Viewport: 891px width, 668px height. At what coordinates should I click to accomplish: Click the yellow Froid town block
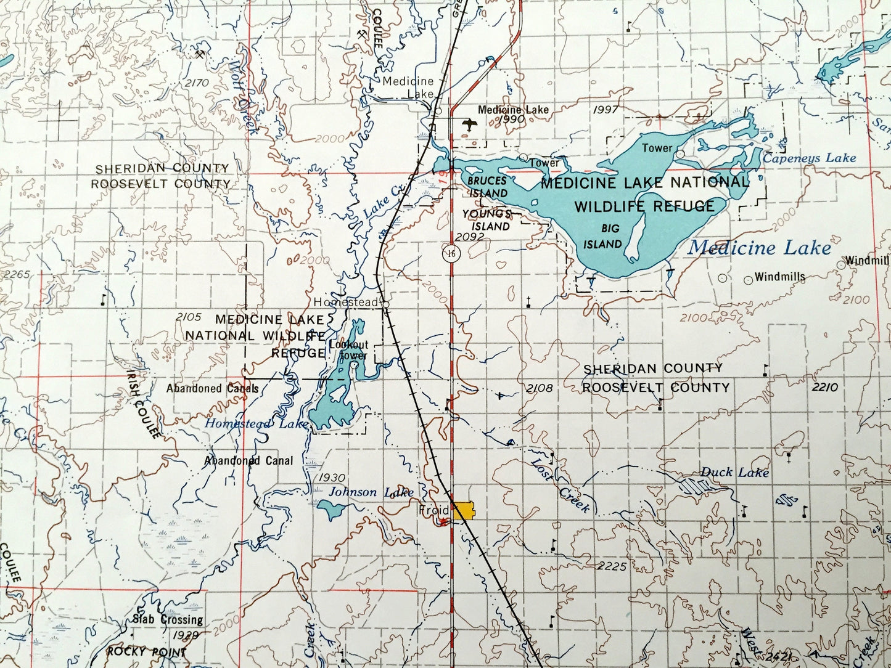464,511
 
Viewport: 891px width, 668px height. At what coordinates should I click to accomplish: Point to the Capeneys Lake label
809,158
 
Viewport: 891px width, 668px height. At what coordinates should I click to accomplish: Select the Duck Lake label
734,473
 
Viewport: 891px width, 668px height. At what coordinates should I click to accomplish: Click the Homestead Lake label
256,424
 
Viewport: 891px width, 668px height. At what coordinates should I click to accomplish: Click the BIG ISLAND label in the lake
603,237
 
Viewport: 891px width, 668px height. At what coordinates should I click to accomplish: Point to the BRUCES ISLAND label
487,187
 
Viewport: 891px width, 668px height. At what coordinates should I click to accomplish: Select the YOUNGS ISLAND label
487,220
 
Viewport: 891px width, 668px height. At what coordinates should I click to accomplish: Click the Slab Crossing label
167,619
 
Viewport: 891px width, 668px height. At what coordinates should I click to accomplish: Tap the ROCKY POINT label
146,651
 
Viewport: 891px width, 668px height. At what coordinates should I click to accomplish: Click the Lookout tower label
348,350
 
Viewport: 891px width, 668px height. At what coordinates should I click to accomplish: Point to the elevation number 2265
15,274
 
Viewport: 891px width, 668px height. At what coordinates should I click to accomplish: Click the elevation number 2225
612,566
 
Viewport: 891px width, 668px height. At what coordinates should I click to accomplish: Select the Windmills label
780,277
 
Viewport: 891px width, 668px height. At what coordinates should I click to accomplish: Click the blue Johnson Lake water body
331,509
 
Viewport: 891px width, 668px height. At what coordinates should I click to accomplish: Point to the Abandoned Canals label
212,388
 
